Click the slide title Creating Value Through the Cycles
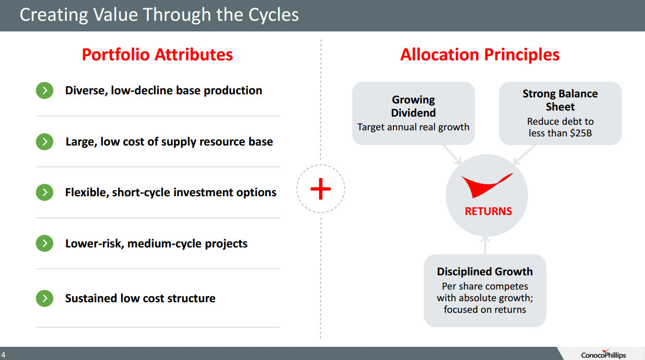coord(159,15)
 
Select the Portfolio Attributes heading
coord(157,54)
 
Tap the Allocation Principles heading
coord(480,54)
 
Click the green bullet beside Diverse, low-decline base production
coord(45,90)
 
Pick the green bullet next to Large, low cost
coord(45,141)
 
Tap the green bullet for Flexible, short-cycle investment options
coord(45,192)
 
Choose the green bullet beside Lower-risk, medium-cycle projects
coord(45,243)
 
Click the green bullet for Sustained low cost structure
coord(45,298)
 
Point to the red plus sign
coord(321,189)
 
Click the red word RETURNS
coord(488,211)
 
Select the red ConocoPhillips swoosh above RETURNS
coord(487,186)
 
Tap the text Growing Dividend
coord(413,106)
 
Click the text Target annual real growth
coord(413,127)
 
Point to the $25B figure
coord(581,133)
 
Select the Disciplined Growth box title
coord(485,272)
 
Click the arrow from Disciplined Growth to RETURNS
coord(485,245)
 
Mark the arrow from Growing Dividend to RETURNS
coord(452,154)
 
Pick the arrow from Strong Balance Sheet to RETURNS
coord(524,154)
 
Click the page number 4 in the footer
coord(3,354)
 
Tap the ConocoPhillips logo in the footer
coord(603,354)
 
